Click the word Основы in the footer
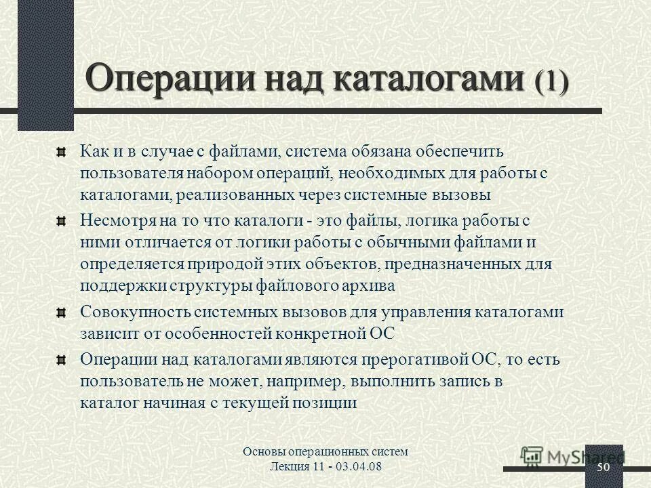click(261, 452)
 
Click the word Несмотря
click(119, 220)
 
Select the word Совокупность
click(134, 312)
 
